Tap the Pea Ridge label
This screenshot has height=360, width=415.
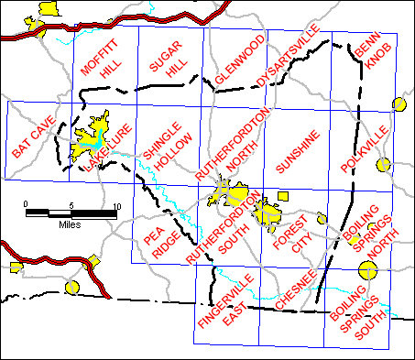tap(161, 244)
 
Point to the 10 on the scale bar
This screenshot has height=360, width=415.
tap(115, 203)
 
